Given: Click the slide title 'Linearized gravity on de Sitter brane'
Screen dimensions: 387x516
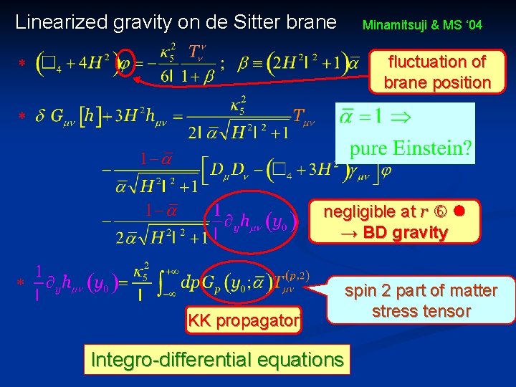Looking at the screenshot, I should click(176, 22).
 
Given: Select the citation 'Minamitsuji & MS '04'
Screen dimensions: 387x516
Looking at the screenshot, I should click(422, 25).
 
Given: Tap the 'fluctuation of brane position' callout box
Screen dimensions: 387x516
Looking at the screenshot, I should click(437, 72).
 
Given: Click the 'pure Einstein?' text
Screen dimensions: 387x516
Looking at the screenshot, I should click(411, 149).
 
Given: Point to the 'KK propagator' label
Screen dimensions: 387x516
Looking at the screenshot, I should click(243, 321).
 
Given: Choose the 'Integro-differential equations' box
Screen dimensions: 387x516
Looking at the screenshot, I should click(217, 360).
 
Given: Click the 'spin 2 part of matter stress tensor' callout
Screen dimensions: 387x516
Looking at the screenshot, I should click(421, 300).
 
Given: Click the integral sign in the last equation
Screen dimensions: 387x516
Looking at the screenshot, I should click(170, 282).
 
